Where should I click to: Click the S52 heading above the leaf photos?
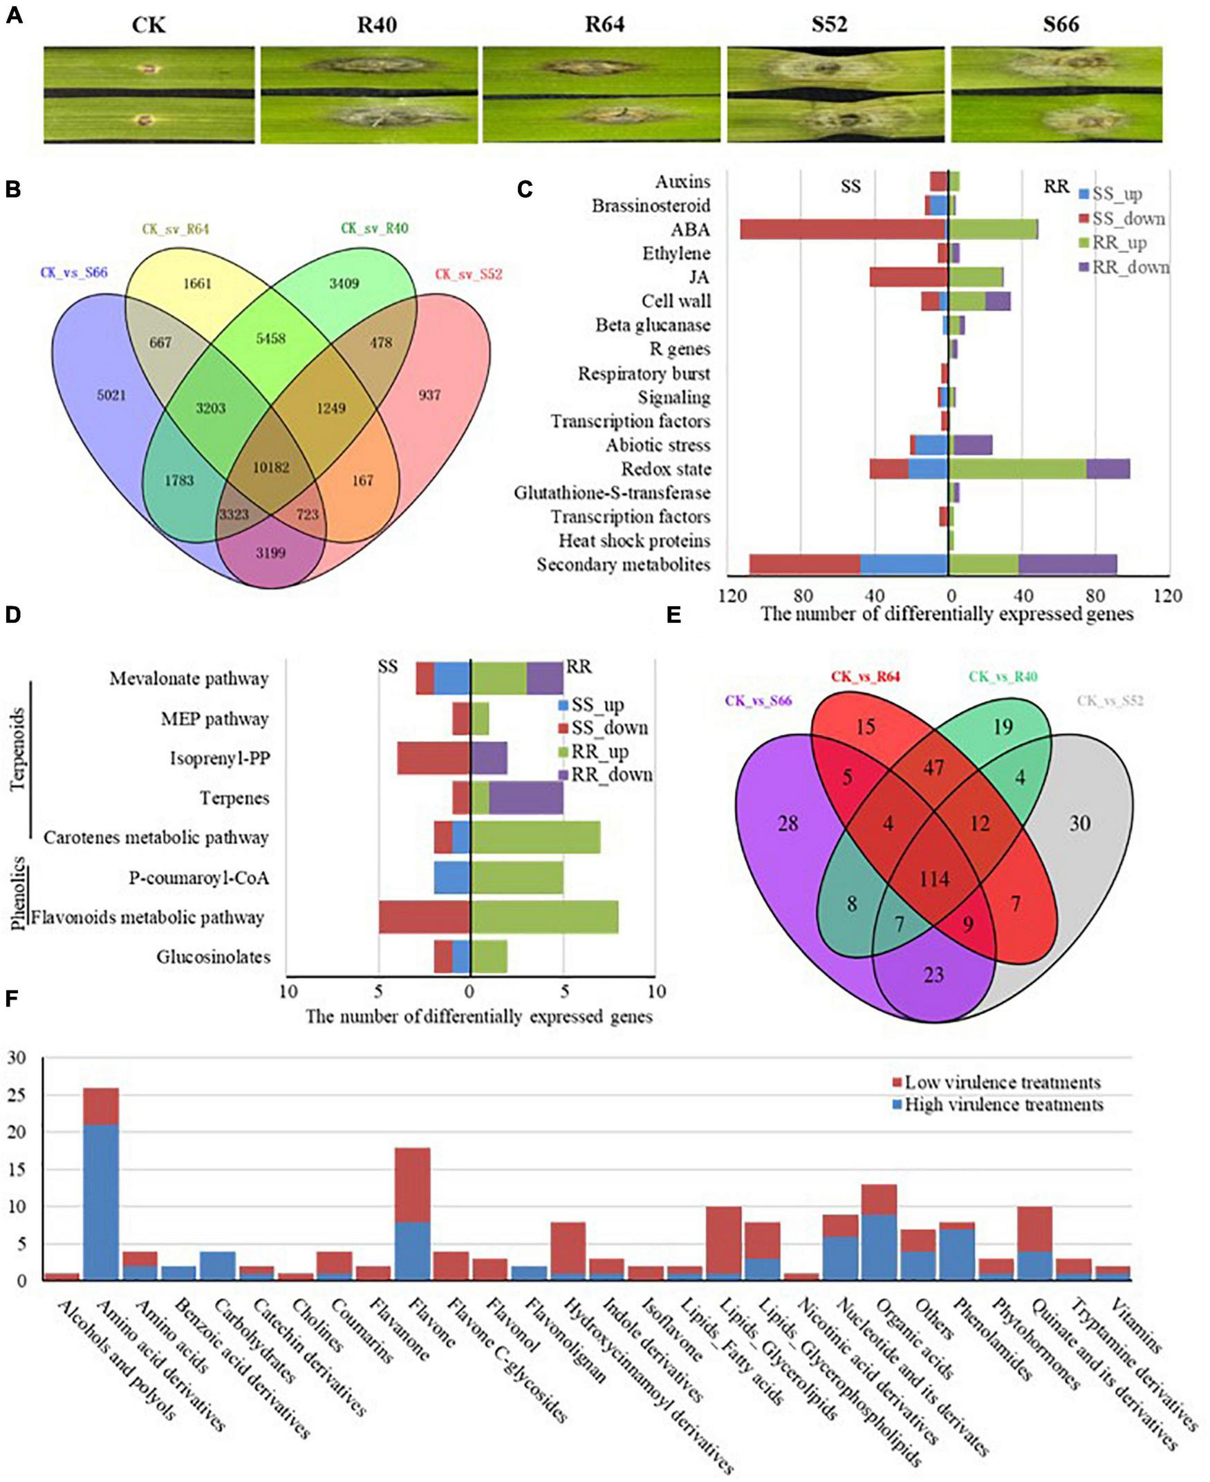pyautogui.click(x=829, y=25)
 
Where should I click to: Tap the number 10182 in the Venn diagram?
pyautogui.click(x=270, y=467)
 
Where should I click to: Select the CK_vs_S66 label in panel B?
pyautogui.click(x=74, y=272)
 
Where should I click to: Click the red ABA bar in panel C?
pyautogui.click(x=843, y=229)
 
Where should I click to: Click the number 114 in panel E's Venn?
pyautogui.click(x=933, y=879)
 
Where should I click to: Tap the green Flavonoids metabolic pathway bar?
pyautogui.click(x=544, y=917)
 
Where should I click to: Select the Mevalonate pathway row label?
pyautogui.click(x=189, y=679)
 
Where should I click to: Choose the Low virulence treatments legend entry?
pyautogui.click(x=997, y=1082)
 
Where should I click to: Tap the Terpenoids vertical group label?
pyautogui.click(x=18, y=749)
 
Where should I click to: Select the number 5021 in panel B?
pyautogui.click(x=111, y=395)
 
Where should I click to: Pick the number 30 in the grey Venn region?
pyautogui.click(x=1079, y=823)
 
